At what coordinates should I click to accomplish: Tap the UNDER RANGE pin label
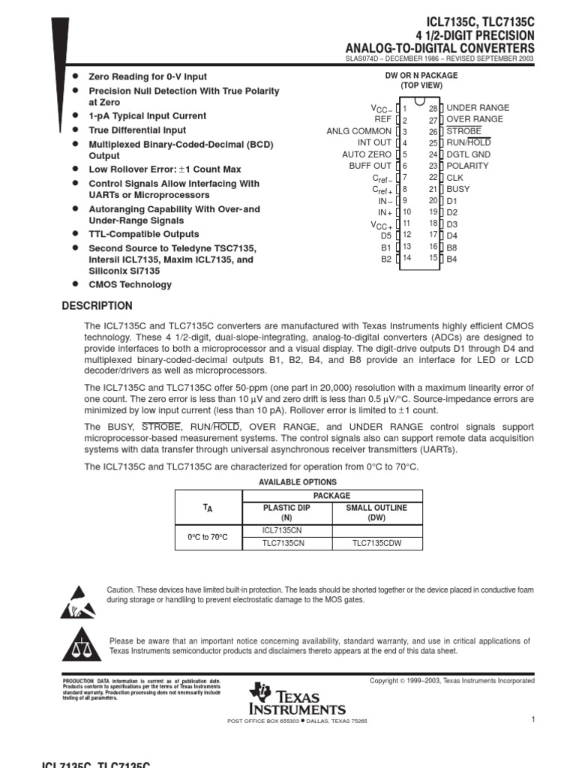pyautogui.click(x=478, y=108)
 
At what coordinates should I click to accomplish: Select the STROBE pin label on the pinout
pyautogui.click(x=464, y=131)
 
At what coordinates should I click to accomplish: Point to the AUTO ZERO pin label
pyautogui.click(x=367, y=154)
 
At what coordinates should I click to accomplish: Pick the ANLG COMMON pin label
pyautogui.click(x=358, y=131)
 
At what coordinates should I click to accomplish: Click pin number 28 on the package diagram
pyautogui.click(x=433, y=108)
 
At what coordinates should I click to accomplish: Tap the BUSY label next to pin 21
pyautogui.click(x=459, y=189)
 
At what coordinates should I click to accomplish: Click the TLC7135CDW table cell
pyautogui.click(x=376, y=544)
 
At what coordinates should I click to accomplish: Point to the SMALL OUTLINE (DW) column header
pyautogui.click(x=376, y=513)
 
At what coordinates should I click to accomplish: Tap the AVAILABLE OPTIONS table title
pyautogui.click(x=298, y=482)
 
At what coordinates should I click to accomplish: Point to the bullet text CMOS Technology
pyautogui.click(x=130, y=285)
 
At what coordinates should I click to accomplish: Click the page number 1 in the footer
pyautogui.click(x=532, y=720)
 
